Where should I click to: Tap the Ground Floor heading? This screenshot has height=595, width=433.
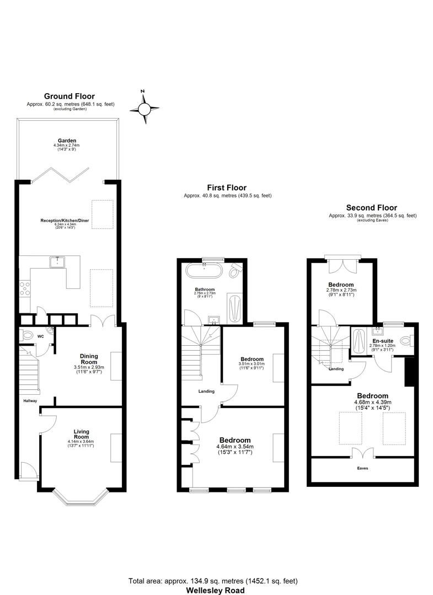pos(70,96)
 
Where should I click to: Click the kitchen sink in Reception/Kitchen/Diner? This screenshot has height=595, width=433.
pos(57,262)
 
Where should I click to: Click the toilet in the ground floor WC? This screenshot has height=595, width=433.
pos(26,335)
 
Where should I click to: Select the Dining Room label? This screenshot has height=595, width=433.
pos(89,358)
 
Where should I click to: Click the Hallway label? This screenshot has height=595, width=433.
pos(30,401)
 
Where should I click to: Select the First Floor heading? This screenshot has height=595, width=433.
pos(227,187)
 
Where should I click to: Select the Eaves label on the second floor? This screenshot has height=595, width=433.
pos(362,468)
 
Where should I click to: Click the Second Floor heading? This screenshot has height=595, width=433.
pos(372,208)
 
